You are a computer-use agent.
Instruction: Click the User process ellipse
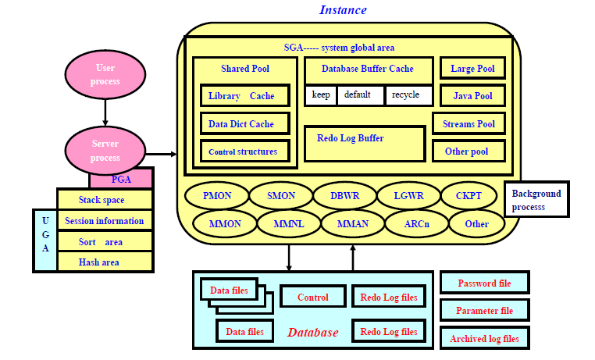click(105, 75)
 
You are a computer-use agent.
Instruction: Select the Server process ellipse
click(105, 151)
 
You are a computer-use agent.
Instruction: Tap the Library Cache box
click(244, 96)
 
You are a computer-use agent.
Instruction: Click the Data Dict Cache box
click(244, 123)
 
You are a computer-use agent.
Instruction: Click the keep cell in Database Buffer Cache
click(321, 95)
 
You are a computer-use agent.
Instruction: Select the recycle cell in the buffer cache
click(408, 95)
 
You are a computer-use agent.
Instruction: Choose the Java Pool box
click(472, 96)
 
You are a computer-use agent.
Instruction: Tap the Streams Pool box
click(469, 124)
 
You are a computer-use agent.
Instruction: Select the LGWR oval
click(408, 196)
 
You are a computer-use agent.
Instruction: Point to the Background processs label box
click(537, 199)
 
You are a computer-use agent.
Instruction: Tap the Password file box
click(485, 283)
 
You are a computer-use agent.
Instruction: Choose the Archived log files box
click(485, 338)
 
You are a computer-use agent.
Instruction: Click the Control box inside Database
click(312, 298)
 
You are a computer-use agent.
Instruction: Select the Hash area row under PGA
click(105, 262)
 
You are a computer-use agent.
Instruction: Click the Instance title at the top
click(343, 10)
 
